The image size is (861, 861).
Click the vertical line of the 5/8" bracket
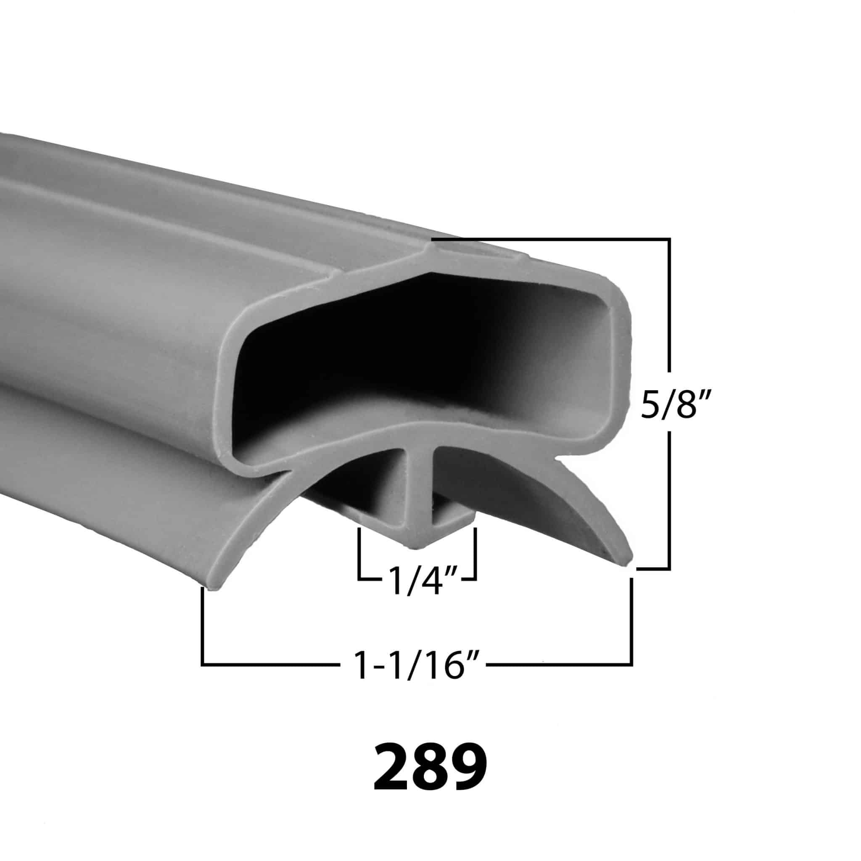tap(669, 312)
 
